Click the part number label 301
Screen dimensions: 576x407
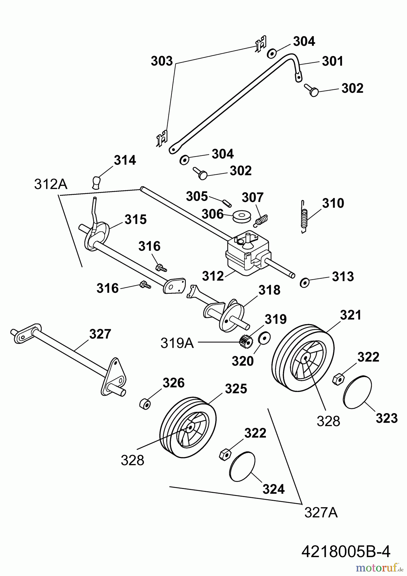point(332,61)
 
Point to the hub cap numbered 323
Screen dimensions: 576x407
point(357,392)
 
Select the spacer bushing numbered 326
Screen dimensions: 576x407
point(145,404)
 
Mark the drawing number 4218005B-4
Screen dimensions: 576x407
point(346,543)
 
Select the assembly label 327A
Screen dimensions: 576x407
point(321,513)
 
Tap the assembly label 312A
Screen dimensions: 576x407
point(51,185)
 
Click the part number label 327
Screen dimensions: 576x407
point(100,334)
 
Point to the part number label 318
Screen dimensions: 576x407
point(269,290)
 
